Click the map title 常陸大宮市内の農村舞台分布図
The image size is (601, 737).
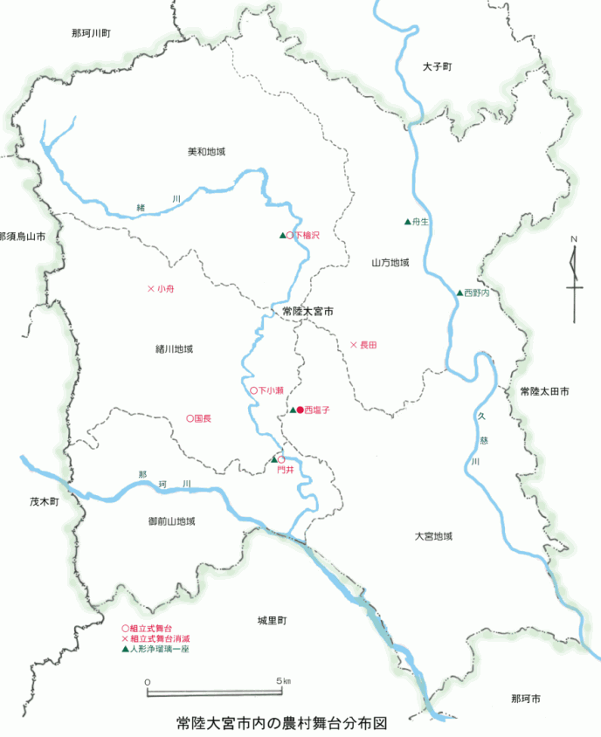tap(280, 724)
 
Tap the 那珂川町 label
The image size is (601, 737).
tap(92, 33)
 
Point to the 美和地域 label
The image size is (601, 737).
tap(206, 152)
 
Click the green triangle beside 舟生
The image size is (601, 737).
tap(407, 222)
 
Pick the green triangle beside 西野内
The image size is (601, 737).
tap(459, 293)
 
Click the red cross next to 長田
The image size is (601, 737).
tap(353, 346)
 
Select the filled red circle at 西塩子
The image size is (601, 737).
tap(300, 410)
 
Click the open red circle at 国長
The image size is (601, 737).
tap(190, 418)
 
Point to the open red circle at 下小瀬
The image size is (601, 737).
tap(253, 390)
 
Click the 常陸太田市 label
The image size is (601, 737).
tap(543, 392)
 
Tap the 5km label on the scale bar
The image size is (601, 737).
tap(282, 680)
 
